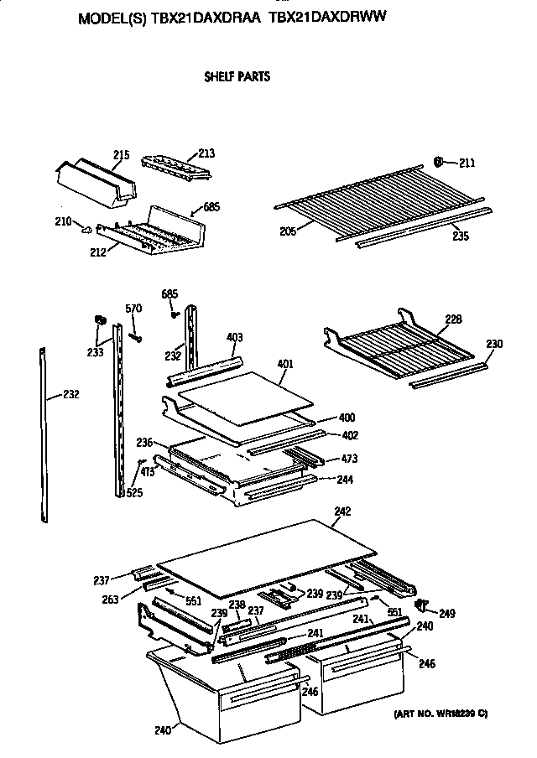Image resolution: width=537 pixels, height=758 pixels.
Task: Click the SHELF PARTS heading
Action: tap(237, 77)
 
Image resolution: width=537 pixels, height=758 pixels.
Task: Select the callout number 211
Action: tap(467, 162)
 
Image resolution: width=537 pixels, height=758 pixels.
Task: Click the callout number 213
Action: tap(206, 153)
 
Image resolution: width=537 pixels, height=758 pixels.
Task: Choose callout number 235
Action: tap(459, 236)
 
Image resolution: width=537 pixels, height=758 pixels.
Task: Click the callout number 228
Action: tap(453, 319)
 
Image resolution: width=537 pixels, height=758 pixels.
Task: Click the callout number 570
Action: tap(133, 309)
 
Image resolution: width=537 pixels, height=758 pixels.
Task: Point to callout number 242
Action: tap(341, 511)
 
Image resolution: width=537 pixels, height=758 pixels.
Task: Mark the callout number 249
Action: tap(447, 614)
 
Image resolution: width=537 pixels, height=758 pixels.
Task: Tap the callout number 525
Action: tap(133, 493)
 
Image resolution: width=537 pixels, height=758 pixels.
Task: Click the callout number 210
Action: tap(62, 222)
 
